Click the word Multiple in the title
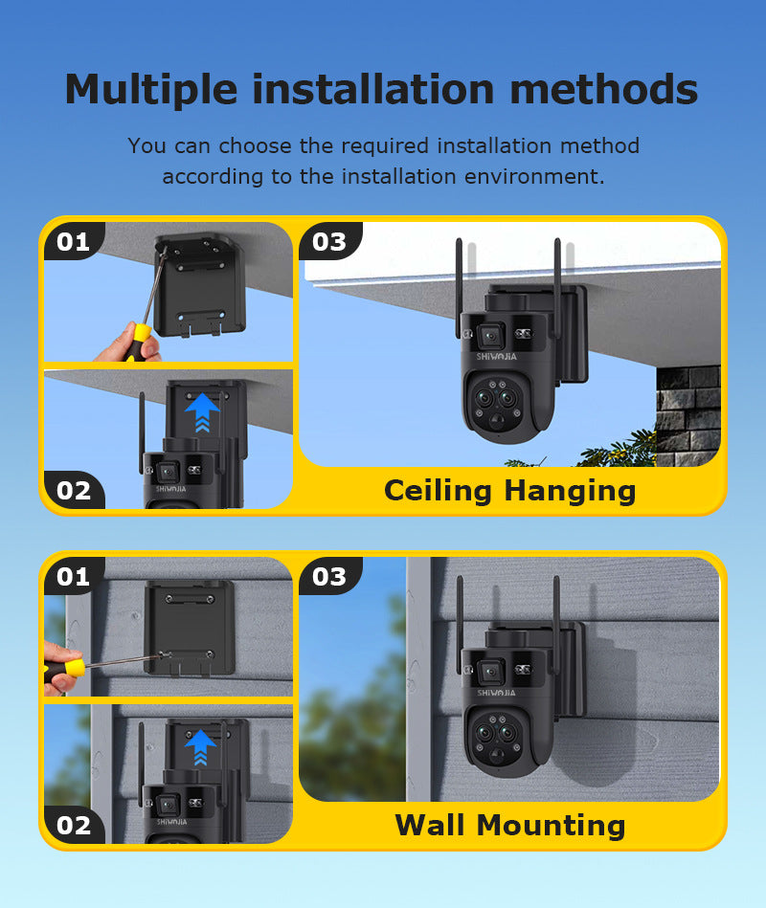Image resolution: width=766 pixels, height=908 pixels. pos(151,91)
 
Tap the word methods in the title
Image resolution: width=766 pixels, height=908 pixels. pos(604,90)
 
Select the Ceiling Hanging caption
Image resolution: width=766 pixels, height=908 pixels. pos(510,491)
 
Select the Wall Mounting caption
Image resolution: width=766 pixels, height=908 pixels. pos(510,825)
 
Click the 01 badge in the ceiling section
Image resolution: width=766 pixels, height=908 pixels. pos(74,241)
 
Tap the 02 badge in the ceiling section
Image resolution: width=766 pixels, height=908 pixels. pos(74,491)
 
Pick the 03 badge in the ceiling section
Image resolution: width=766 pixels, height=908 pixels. pos(329,241)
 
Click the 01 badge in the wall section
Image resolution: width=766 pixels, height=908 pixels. pos(74,576)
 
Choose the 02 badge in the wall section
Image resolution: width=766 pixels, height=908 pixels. pos(74,825)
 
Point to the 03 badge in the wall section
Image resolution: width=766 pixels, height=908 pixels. pos(329,576)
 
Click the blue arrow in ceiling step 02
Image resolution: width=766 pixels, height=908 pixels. pos(202,412)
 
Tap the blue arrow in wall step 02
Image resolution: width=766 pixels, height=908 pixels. pos(200,747)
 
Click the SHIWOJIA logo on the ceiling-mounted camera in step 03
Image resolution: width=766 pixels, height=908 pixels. pos(497,357)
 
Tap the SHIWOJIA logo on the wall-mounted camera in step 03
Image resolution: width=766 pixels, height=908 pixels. pos(497,693)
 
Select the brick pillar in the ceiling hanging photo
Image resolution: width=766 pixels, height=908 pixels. pos(688,415)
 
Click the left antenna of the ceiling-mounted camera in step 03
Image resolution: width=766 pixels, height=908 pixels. pos(459,288)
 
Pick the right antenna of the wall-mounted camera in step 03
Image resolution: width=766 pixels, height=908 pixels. pos(556,624)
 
